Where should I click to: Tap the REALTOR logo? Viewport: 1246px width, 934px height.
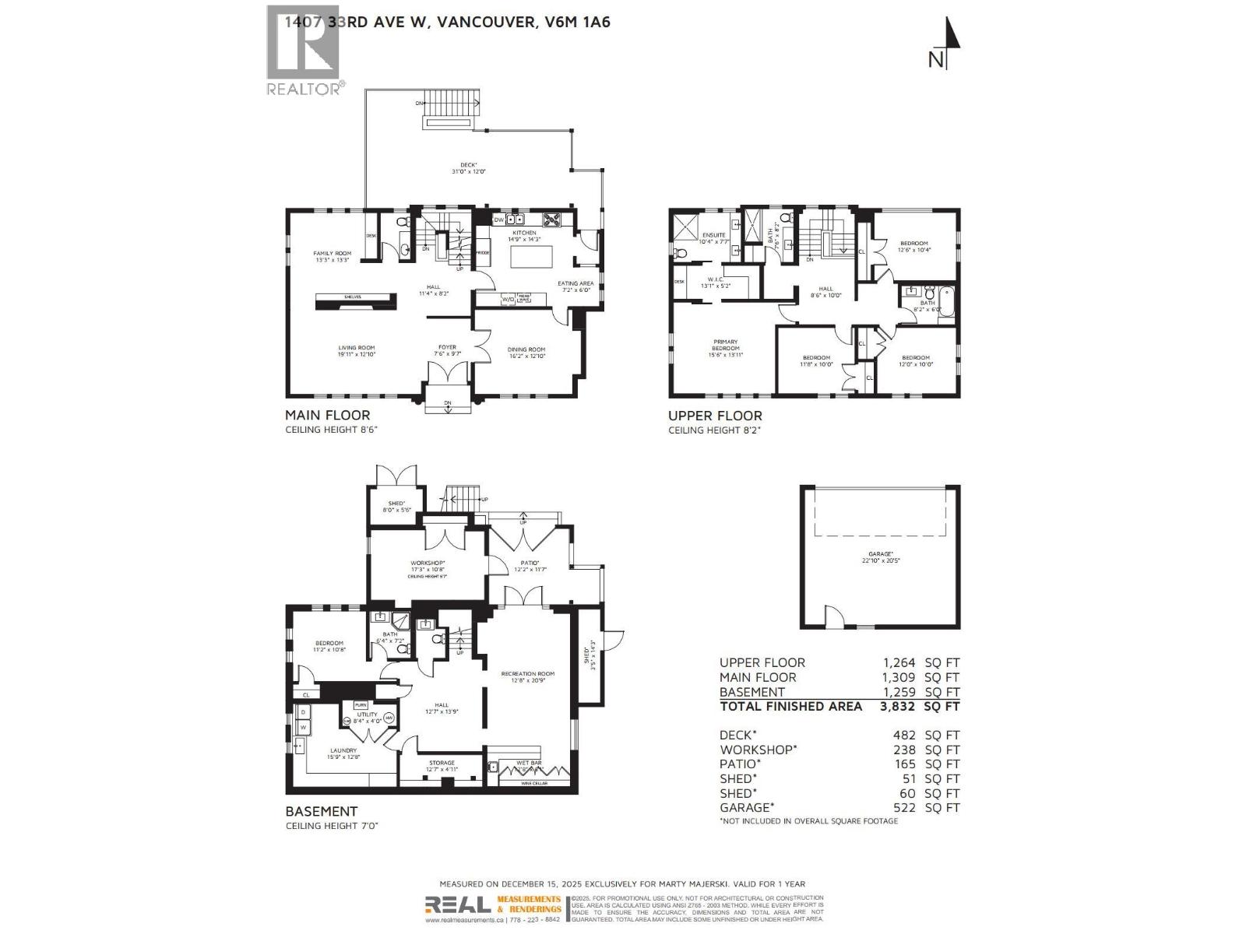pyautogui.click(x=304, y=51)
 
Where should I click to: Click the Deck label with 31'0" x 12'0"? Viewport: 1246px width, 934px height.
pyautogui.click(x=468, y=167)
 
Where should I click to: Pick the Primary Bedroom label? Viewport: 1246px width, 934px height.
pyautogui.click(x=725, y=345)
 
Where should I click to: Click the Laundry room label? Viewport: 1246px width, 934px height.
pyautogui.click(x=343, y=753)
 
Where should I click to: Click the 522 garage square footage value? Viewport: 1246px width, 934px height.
pyautogui.click(x=904, y=808)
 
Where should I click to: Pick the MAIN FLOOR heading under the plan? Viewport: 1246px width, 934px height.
pyautogui.click(x=327, y=416)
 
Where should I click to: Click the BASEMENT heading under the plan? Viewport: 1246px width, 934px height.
pyautogui.click(x=321, y=811)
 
